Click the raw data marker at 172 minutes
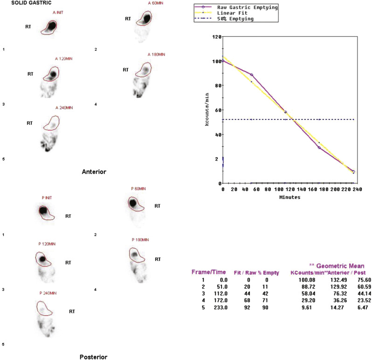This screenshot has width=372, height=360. pos(319,148)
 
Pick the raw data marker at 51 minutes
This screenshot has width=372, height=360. pos(252,75)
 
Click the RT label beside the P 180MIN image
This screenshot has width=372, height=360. pos(158,259)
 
